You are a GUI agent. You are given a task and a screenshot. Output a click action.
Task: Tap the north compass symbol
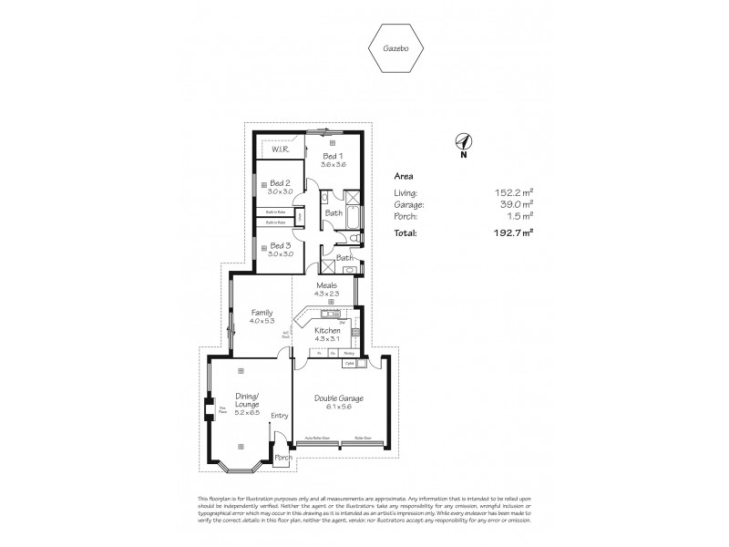pos(463,141)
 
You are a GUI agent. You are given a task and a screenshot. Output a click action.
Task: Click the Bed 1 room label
pos(333,157)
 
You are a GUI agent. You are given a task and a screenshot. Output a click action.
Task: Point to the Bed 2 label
pos(280,182)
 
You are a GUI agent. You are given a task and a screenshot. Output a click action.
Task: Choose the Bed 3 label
pos(280,246)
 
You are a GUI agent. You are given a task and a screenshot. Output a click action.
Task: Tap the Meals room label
pos(326,284)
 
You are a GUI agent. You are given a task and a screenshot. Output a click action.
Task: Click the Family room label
pos(262,313)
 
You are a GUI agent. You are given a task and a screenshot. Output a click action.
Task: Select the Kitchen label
pos(327,331)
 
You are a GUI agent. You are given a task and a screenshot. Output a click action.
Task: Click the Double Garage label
pos(339,397)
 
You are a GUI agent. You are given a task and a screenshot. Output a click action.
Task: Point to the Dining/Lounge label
pos(248,398)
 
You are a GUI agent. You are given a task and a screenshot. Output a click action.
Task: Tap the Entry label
pos(279,416)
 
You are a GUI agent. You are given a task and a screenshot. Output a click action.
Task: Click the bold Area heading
pos(404,176)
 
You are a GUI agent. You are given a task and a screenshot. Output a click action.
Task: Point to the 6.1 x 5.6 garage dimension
pos(339,409)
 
